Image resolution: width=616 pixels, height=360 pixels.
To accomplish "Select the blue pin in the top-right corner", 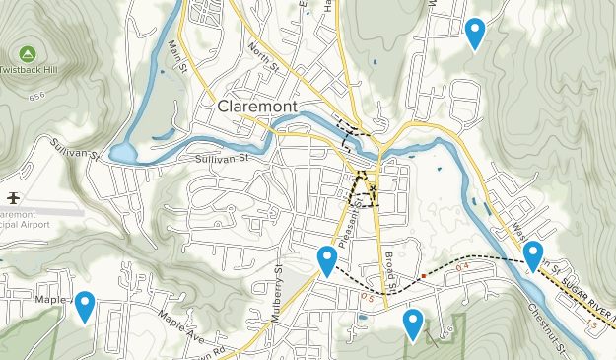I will pyautogui.click(x=475, y=32).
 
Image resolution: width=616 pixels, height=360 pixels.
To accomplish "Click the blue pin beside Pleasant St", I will pyautogui.click(x=327, y=259).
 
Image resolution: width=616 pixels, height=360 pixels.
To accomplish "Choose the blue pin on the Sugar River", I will pyautogui.click(x=533, y=254).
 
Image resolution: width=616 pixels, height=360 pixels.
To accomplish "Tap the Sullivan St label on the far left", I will pyautogui.click(x=76, y=151).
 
